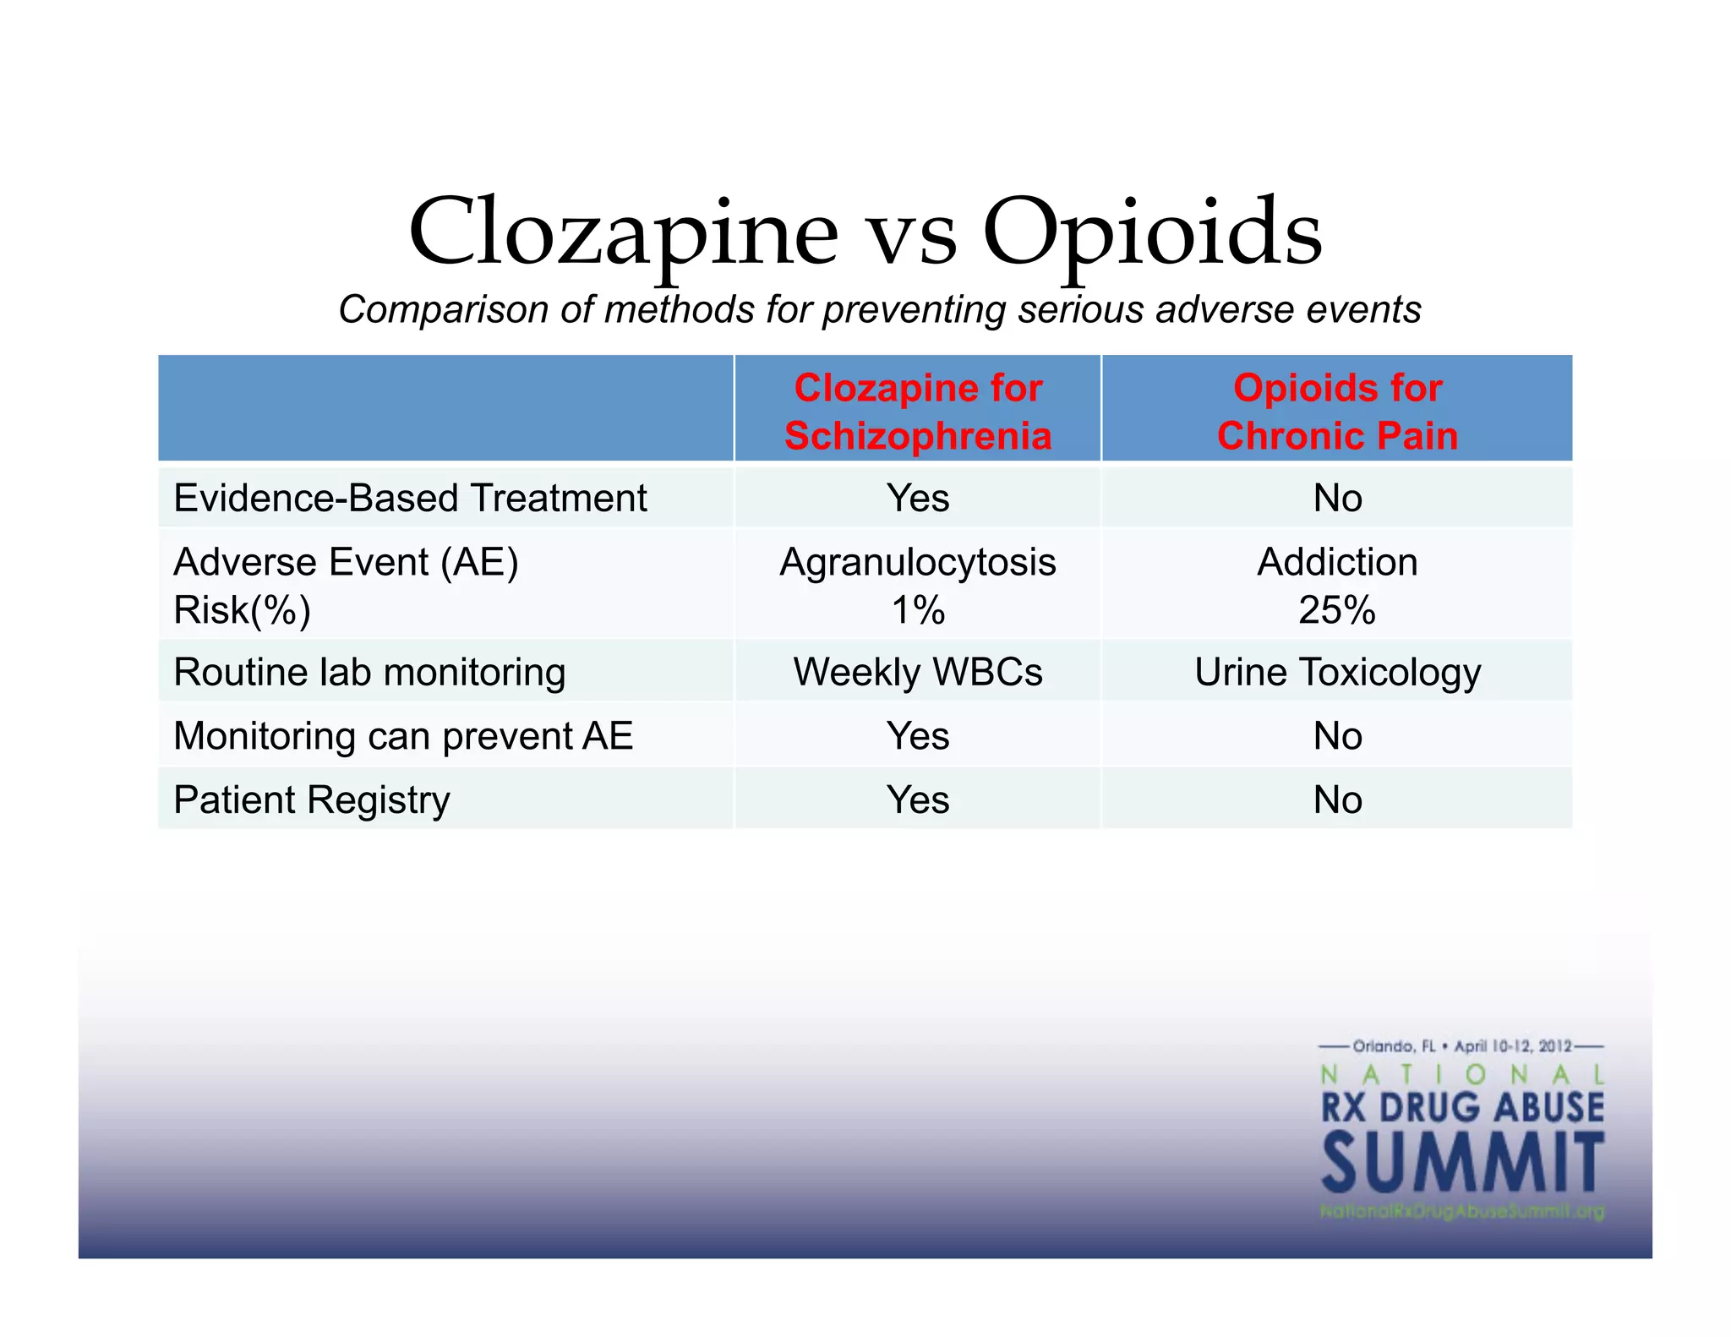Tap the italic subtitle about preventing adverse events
click(879, 309)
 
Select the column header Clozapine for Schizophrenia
click(918, 412)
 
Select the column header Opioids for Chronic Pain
click(1337, 412)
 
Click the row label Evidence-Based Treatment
click(410, 498)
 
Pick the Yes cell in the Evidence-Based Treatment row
click(918, 498)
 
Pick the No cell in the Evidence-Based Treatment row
click(1337, 498)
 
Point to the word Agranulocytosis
click(918, 562)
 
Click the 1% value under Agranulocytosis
click(918, 610)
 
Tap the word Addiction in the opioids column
click(1337, 562)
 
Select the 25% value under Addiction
click(1337, 610)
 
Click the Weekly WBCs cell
click(918, 672)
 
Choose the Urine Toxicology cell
click(1337, 672)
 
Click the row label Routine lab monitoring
click(369, 672)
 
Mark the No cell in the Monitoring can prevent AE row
click(1337, 736)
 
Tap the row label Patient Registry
click(312, 799)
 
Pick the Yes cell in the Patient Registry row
click(918, 799)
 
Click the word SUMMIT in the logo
click(1462, 1164)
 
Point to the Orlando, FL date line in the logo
click(1462, 1046)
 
